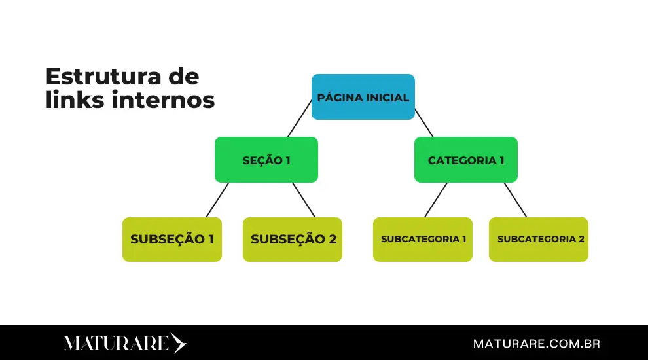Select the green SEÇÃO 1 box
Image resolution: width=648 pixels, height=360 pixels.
pos(266,160)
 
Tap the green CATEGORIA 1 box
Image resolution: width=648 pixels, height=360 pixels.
pos(465,160)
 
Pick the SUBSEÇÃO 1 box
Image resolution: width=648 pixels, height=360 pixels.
pos(171,240)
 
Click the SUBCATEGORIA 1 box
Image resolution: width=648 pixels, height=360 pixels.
pos(422,240)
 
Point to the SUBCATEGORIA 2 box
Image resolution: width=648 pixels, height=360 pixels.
pos(538,240)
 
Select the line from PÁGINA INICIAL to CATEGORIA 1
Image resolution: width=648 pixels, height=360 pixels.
pos(423,122)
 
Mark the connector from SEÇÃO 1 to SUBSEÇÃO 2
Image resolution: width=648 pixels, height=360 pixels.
pos(304,200)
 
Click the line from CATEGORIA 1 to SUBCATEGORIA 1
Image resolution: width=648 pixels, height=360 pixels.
pos(436,200)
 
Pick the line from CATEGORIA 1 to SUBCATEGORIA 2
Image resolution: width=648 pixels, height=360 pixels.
pos(515,200)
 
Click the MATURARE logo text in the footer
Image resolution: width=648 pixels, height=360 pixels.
pos(117,344)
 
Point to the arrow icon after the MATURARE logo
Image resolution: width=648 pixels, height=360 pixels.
pos(178,344)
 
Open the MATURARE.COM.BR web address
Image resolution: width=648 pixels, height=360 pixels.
pos(536,344)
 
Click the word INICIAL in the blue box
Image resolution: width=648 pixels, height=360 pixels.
pos(386,98)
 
